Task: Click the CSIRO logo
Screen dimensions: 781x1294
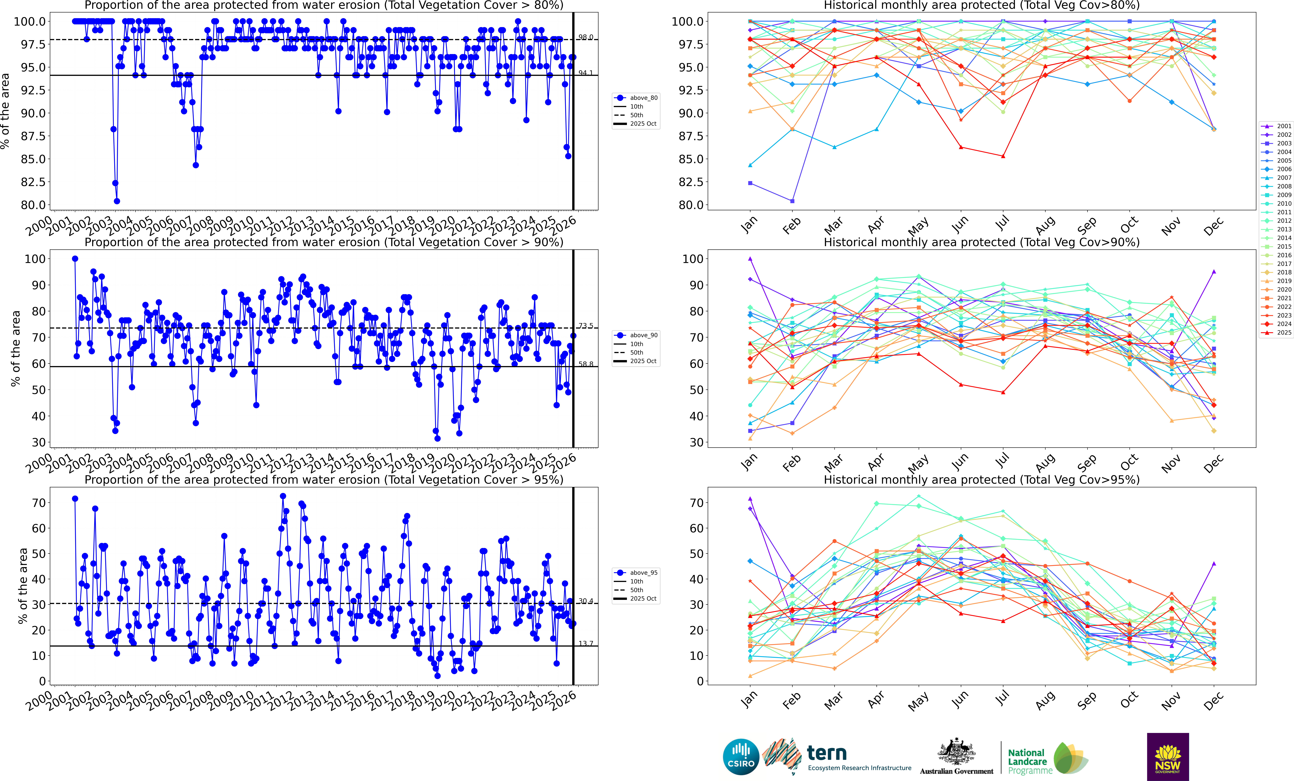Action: click(740, 757)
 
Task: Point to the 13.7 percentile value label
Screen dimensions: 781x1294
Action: click(586, 643)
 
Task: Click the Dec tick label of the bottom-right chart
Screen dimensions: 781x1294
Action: click(1213, 701)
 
